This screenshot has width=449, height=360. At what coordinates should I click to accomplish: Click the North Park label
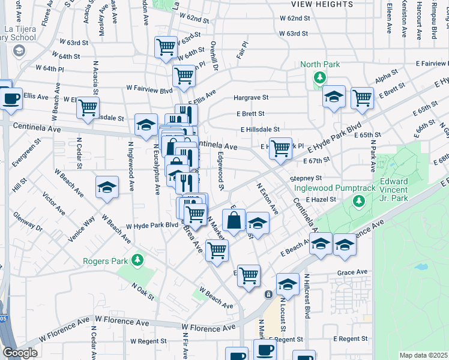click(320, 64)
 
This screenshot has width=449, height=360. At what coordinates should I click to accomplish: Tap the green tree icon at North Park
click(320, 77)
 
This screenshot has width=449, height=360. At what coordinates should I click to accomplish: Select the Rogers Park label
click(105, 261)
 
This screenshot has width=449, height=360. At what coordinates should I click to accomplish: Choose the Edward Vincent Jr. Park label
click(394, 190)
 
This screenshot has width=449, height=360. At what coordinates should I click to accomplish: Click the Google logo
click(19, 353)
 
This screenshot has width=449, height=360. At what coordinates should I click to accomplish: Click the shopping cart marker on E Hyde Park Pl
click(280, 148)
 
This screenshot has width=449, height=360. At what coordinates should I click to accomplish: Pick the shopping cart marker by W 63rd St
click(166, 47)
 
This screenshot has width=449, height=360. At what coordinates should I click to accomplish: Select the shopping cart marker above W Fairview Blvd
click(184, 76)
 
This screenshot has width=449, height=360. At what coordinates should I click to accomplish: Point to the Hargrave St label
click(251, 97)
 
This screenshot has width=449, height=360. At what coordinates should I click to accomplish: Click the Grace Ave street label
click(352, 272)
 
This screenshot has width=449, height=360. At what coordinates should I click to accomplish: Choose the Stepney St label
click(306, 178)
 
